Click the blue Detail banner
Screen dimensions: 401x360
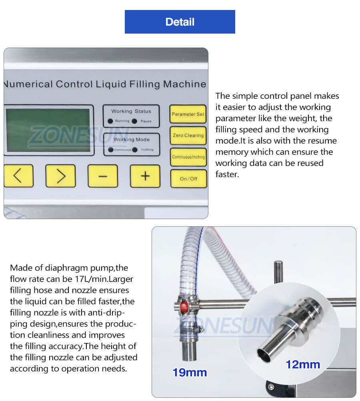(x=180, y=22)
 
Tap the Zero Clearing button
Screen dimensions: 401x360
(x=188, y=136)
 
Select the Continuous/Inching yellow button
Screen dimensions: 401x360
(x=188, y=157)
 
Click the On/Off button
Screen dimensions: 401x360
(x=188, y=179)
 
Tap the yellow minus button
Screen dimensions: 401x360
(x=102, y=176)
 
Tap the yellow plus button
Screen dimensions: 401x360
(x=145, y=176)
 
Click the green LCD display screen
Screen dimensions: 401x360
(x=48, y=130)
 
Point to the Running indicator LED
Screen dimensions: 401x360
(x=110, y=121)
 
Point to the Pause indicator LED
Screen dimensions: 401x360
(x=134, y=121)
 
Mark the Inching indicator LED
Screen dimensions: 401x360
(x=135, y=150)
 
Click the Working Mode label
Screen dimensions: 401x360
(x=131, y=140)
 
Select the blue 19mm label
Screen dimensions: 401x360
(x=190, y=373)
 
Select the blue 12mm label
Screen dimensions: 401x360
(x=303, y=364)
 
